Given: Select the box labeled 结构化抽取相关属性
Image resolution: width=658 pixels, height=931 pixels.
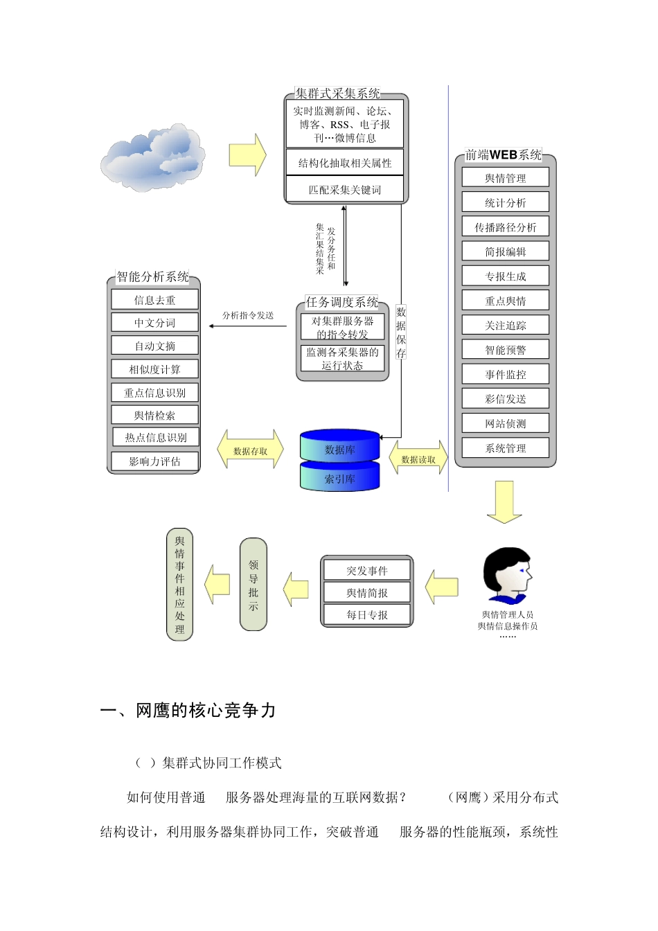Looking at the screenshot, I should [345, 163].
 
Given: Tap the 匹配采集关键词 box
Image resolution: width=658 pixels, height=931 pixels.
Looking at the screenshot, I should [345, 190].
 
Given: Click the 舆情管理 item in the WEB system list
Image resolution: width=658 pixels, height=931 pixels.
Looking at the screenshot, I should [506, 178].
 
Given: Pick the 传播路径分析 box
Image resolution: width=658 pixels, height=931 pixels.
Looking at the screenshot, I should [506, 227].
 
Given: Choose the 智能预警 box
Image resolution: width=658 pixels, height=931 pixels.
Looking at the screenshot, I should [506, 350].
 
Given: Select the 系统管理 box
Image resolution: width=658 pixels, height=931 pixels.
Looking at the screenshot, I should [506, 448].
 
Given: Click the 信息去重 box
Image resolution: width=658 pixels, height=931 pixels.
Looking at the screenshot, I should [154, 300].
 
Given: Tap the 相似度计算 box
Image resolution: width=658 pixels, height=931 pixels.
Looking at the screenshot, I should [154, 369].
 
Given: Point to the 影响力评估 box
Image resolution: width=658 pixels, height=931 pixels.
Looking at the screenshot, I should [154, 461].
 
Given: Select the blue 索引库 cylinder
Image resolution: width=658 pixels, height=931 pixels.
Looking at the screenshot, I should [340, 478].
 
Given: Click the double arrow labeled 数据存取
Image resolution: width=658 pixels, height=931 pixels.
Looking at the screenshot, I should [250, 450].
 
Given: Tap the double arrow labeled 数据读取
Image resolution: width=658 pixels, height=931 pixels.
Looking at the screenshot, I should [418, 459].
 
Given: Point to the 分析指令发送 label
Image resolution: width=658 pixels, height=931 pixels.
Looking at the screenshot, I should [248, 315].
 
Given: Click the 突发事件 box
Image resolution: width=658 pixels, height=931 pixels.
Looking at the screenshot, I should [367, 571].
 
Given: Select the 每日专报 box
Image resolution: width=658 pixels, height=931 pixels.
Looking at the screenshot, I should [367, 615].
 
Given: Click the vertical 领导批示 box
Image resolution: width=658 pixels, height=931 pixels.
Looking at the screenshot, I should [254, 585].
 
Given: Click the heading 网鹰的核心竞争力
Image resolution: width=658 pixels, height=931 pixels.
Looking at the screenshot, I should [188, 711].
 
